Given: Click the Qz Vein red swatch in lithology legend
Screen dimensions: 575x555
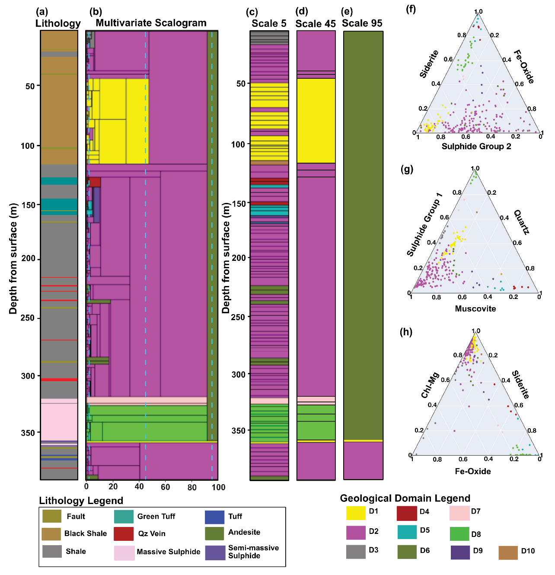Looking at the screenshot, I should (124, 533).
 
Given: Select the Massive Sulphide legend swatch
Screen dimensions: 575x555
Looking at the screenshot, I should (124, 553).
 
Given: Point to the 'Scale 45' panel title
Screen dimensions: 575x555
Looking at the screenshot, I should (316, 24).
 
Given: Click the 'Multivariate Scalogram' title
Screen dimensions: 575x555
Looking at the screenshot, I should (151, 23).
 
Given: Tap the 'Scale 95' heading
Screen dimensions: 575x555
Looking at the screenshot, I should (362, 23).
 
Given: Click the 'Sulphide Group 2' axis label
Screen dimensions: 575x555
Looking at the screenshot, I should (476, 146).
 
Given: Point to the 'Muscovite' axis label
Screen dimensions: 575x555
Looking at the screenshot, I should (475, 308).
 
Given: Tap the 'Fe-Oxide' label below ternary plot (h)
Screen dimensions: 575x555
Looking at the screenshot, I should (473, 471).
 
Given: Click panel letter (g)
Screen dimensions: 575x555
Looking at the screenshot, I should (407, 169).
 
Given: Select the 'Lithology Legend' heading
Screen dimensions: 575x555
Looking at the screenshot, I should (81, 501).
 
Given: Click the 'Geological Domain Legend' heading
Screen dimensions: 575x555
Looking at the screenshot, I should (405, 498).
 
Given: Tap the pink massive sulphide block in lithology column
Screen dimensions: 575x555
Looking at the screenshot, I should (59, 420).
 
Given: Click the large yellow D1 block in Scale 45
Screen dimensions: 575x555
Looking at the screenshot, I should (316, 120).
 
